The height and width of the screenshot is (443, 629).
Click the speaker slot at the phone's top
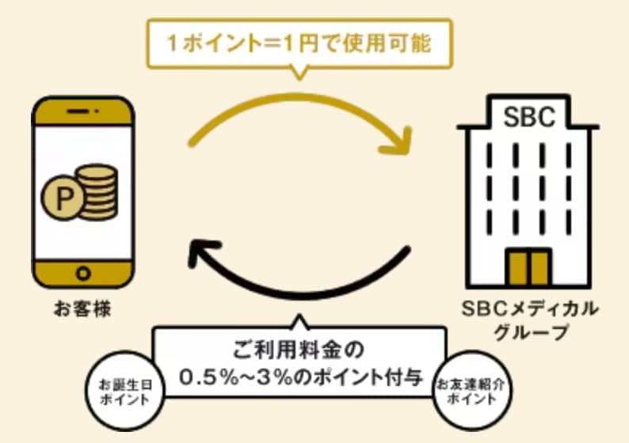pos(82,112)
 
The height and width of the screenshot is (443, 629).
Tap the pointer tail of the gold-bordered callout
pos(299,74)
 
